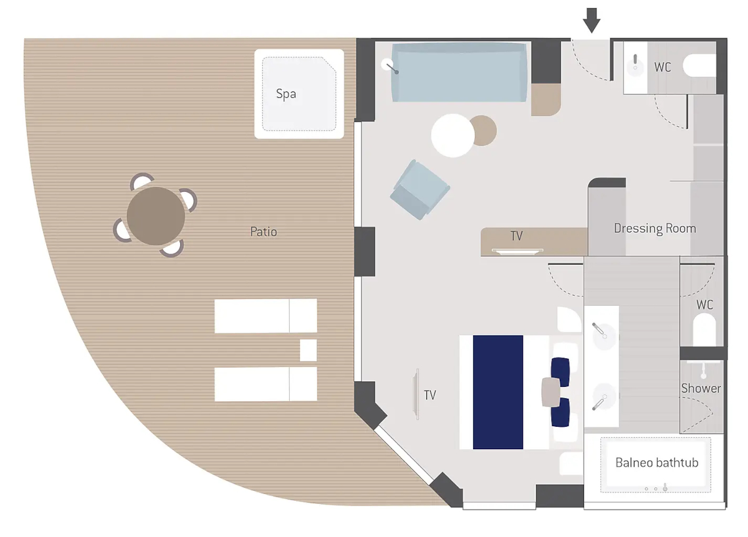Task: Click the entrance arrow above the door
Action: (592, 21)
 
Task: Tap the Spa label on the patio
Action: (286, 94)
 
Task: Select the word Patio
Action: (264, 232)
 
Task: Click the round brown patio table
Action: (156, 216)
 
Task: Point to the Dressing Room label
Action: (655, 229)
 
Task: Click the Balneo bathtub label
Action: (656, 463)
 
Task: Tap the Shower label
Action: (701, 388)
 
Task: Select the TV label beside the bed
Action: (429, 395)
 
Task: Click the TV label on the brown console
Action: (516, 236)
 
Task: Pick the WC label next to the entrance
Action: (663, 67)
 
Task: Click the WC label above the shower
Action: (704, 305)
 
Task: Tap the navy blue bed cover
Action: (498, 392)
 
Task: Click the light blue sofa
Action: (459, 72)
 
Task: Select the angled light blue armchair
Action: (420, 189)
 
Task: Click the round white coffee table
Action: (453, 136)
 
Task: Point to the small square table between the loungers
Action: (308, 350)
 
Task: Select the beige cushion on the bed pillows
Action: (551, 392)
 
